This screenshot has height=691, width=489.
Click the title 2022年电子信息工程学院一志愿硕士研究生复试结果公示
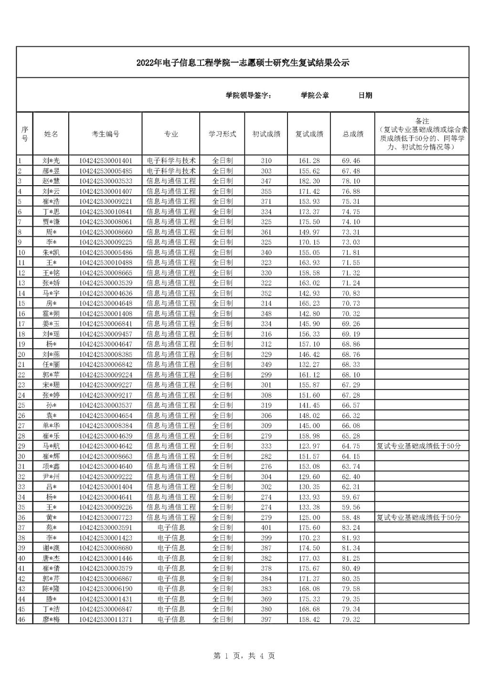[243, 63]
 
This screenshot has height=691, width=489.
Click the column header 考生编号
[106, 134]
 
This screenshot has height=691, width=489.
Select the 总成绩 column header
[352, 134]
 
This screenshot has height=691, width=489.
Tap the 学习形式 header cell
[222, 134]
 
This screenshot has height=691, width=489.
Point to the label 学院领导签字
[249, 95]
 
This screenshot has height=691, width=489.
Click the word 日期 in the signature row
[365, 95]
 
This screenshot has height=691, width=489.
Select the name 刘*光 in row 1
[51, 161]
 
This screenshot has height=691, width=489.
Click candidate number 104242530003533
[106, 181]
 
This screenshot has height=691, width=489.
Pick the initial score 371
[266, 201]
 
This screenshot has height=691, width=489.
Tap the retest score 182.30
[309, 181]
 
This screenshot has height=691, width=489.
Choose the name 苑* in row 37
[51, 527]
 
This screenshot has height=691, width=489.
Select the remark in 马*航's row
[419, 446]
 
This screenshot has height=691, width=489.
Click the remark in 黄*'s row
[419, 517]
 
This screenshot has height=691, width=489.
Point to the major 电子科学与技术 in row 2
[171, 171]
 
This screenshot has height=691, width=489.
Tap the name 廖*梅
[51, 619]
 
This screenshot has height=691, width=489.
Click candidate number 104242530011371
[106, 619]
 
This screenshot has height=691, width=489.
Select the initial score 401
[266, 527]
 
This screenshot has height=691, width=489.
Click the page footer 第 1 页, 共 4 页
[244, 656]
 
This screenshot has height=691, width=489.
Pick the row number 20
[21, 354]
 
